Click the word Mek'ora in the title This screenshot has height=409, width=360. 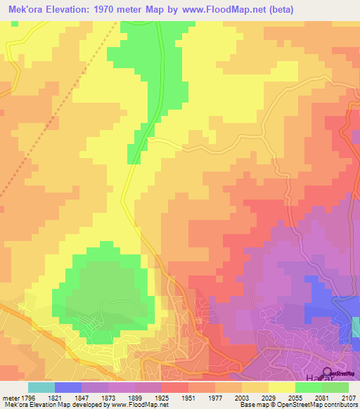pyautogui.click(x=26, y=9)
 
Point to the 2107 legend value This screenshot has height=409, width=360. pyautogui.click(x=348, y=397)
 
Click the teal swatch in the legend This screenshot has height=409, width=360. pyautogui.click(x=41, y=387)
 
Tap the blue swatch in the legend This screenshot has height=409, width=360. pyautogui.click(x=67, y=387)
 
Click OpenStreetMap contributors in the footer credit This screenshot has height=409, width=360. pyautogui.click(x=316, y=405)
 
